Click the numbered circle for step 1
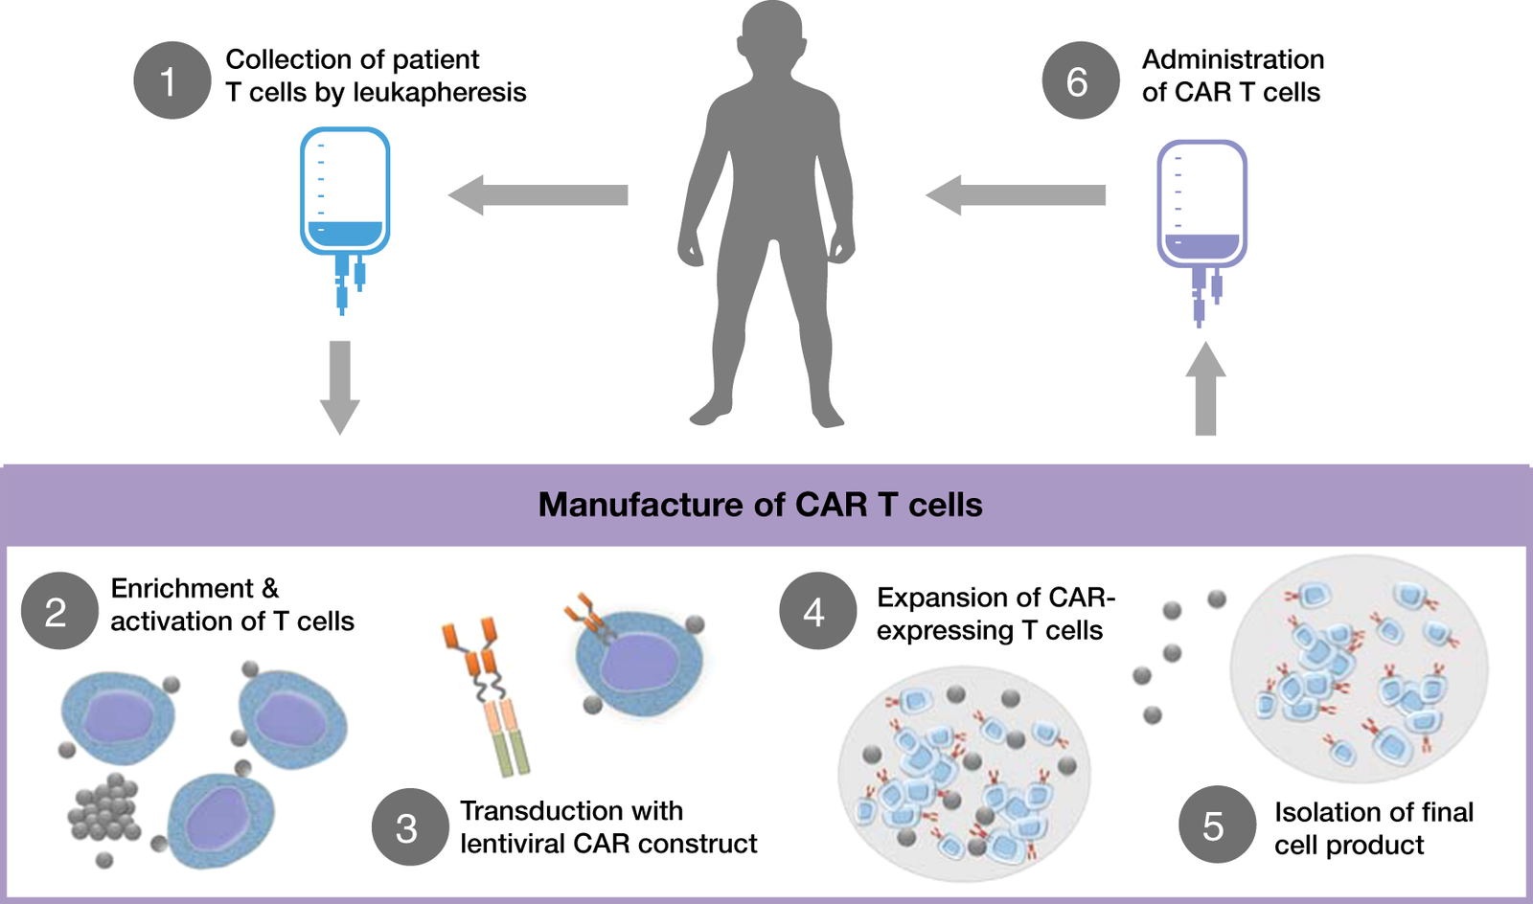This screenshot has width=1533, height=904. [172, 80]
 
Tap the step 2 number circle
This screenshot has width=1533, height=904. [59, 611]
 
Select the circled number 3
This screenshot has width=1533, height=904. [410, 827]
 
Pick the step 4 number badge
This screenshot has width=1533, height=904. [817, 611]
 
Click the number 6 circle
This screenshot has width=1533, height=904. [1080, 80]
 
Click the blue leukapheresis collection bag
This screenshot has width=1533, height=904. [345, 192]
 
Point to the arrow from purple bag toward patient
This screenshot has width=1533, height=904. [1016, 195]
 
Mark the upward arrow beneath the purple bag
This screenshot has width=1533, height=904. [1205, 389]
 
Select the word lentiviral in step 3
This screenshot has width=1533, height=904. [512, 844]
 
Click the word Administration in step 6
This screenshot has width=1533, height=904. [1233, 59]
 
